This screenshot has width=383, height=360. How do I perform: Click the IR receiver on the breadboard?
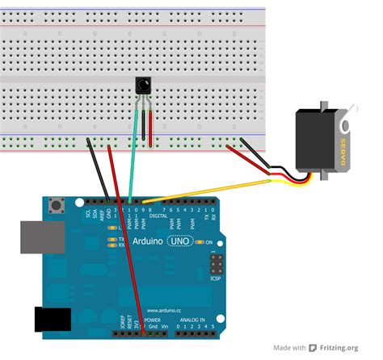(142, 83)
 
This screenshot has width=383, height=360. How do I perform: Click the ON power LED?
(199, 242)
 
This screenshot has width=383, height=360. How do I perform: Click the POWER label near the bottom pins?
(153, 320)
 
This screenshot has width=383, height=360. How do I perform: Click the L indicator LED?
(112, 230)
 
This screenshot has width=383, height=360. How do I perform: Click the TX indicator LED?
(112, 240)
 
